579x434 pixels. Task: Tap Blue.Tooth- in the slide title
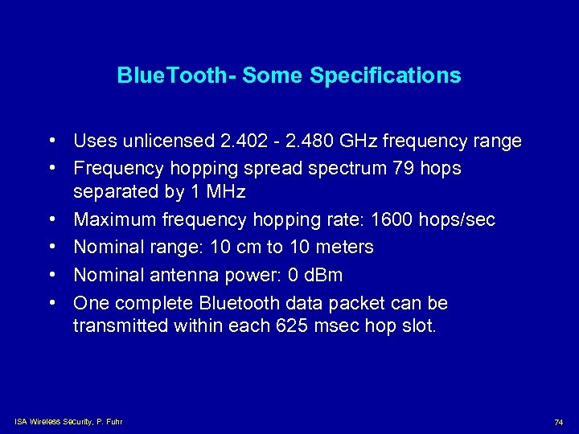point(176,76)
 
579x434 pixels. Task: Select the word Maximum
point(115,219)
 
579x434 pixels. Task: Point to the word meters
point(343,247)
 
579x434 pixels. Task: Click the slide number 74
point(558,422)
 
